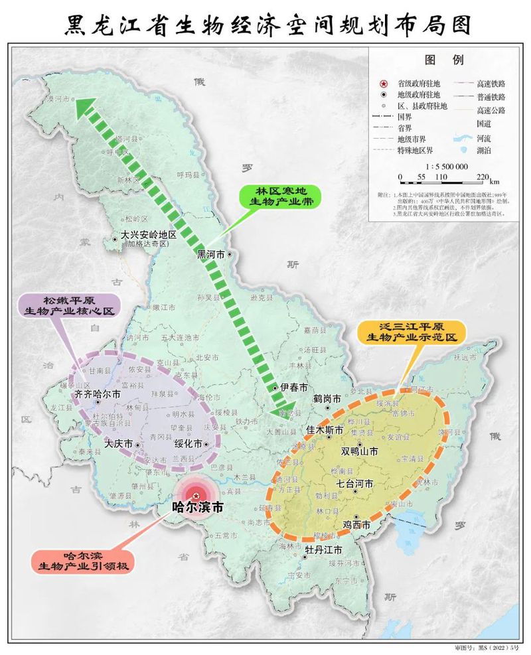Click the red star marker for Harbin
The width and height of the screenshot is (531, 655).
(x=196, y=494)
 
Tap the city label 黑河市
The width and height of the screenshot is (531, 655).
(x=211, y=254)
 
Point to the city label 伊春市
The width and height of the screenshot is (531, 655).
(x=293, y=387)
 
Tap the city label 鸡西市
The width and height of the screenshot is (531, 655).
(x=355, y=525)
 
